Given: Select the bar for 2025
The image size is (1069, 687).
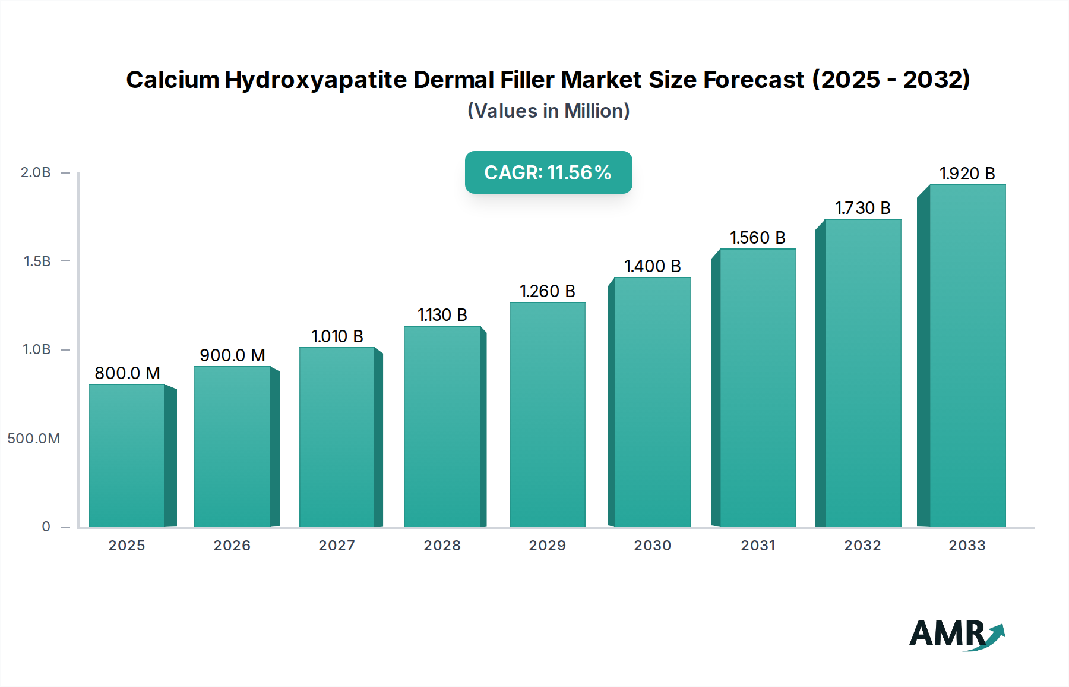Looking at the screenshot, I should click(126, 455).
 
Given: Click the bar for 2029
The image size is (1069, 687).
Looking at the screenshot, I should click(547, 414).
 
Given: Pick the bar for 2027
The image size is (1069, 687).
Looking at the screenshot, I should click(337, 437).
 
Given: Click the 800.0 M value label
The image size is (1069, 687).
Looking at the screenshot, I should click(127, 373).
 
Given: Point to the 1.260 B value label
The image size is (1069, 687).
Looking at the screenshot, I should click(547, 291).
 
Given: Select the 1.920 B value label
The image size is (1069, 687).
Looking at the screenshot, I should click(967, 174).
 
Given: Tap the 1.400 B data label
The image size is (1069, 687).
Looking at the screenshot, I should click(652, 266).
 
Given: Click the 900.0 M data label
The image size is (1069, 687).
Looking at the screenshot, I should click(232, 355).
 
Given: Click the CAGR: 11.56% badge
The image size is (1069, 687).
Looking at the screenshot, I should click(548, 172).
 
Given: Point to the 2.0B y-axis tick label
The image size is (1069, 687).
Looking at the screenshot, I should click(36, 172).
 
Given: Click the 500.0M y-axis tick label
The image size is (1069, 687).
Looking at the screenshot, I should click(34, 439).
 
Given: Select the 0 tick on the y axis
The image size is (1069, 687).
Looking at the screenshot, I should click(46, 527).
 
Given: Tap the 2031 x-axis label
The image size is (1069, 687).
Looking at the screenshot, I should click(758, 546).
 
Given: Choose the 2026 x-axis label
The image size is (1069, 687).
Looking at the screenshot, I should click(232, 546).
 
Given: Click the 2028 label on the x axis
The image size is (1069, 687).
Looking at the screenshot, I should click(442, 546).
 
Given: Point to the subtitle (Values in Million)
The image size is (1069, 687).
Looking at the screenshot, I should click(548, 111).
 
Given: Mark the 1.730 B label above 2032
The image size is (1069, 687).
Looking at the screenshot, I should click(862, 208).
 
